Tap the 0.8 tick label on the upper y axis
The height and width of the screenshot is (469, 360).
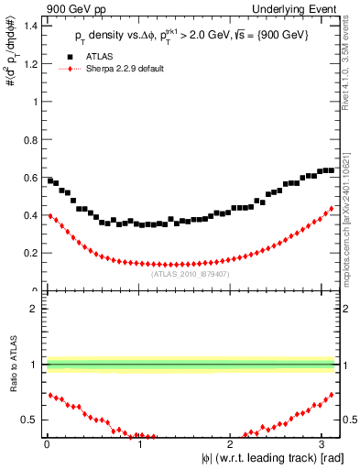pos(29,140)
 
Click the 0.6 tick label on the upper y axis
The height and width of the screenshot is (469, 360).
pos(29,178)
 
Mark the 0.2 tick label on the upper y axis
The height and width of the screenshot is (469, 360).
pos(29,253)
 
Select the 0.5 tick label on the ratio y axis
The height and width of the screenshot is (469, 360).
pos(29,420)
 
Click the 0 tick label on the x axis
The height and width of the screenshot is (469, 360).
pos(46,442)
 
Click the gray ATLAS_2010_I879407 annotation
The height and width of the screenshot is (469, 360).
pos(191,273)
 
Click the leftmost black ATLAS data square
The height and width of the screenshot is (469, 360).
pos(50,180)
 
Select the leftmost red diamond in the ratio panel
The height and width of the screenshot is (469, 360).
pos(50,395)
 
